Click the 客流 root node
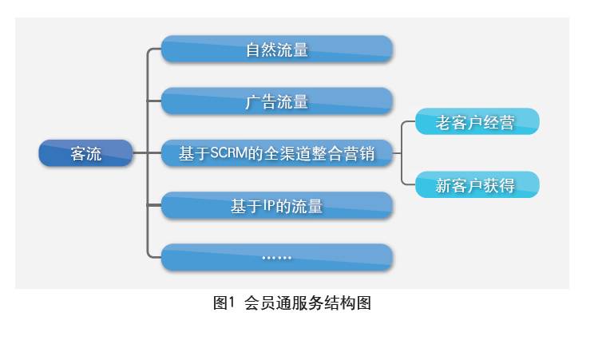[85, 153]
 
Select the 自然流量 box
[276, 49]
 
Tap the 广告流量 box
[276, 101]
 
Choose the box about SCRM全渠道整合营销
[276, 153]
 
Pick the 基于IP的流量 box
[276, 205]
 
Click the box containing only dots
[276, 257]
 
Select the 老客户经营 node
[477, 122]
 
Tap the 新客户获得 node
[477, 185]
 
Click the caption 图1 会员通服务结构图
[292, 303]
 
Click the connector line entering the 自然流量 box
[155, 49]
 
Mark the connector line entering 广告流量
[155, 101]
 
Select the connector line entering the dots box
[155, 257]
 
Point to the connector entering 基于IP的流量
[155, 205]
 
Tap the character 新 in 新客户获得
[444, 186]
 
